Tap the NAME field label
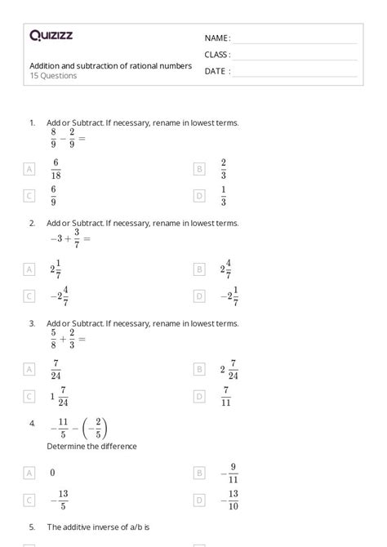tap(216, 38)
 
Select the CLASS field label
tap(217, 55)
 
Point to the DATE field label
tap(216, 71)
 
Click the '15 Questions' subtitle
tap(53, 76)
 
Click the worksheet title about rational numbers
tap(110, 65)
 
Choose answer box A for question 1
tap(30, 169)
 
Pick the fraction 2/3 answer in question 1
tap(223, 169)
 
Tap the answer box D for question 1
tap(198, 196)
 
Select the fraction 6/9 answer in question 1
tap(54, 196)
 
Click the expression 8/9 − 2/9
tap(67, 138)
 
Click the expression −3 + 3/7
tap(69, 238)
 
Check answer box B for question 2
tap(198, 269)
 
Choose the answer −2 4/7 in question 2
tap(59, 296)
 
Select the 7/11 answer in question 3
tap(227, 396)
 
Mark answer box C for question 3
tap(30, 396)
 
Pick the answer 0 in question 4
tap(52, 472)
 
